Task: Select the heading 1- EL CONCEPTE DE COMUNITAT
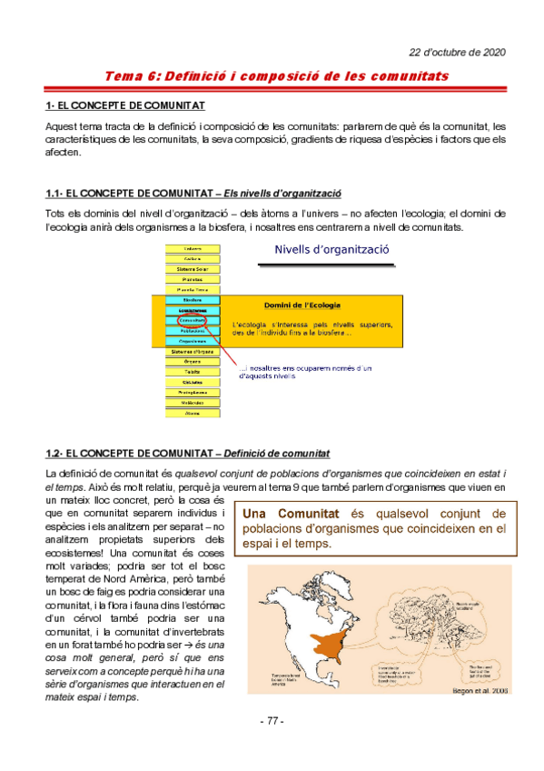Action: [124, 106]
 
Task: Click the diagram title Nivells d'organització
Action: [331, 249]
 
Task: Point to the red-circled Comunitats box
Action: [192, 321]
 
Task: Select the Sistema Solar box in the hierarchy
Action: [192, 270]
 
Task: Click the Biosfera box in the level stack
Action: [192, 300]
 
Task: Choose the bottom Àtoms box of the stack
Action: [192, 413]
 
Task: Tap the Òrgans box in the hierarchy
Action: [192, 362]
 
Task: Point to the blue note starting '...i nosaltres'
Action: [300, 371]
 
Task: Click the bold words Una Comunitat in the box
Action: [291, 515]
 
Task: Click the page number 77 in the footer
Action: [272, 721]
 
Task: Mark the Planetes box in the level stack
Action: [192, 280]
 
